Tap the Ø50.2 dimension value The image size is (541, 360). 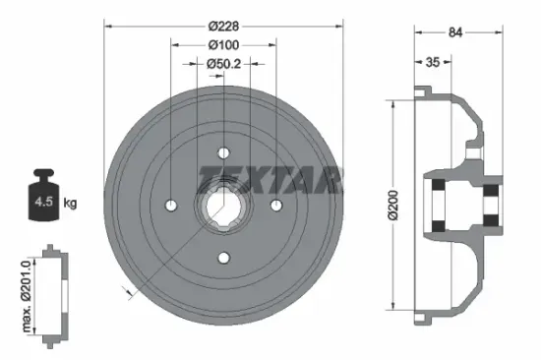point(224,65)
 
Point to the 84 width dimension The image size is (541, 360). point(455,32)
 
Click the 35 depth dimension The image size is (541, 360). point(432,61)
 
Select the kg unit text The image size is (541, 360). point(71,204)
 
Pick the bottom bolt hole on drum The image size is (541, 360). point(223,258)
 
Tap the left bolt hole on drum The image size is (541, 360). point(171,205)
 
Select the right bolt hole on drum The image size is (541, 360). point(276,205)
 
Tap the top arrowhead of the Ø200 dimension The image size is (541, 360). point(394,102)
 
